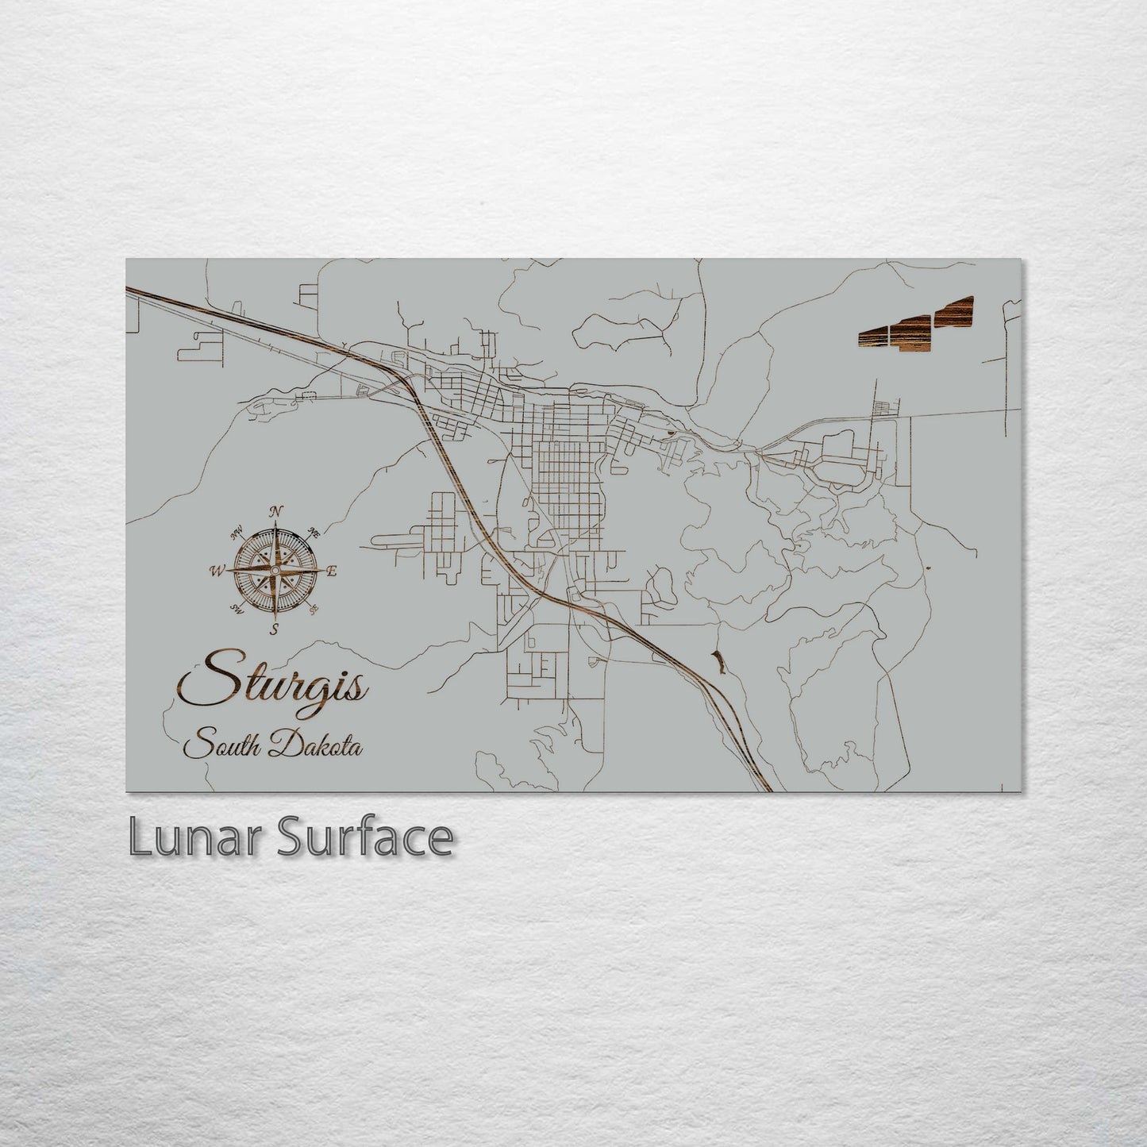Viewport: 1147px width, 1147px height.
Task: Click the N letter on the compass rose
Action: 276,511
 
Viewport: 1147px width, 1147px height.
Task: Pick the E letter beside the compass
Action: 332,571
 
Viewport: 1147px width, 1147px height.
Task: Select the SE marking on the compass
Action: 314,610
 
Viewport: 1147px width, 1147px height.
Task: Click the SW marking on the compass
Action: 236,609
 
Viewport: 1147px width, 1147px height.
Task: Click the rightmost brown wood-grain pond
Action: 954,311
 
